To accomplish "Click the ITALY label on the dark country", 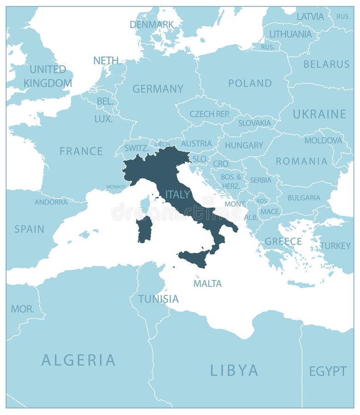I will (178, 195).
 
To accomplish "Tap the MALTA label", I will (207, 284).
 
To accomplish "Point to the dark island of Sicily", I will (194, 259).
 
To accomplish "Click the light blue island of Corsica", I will (145, 204).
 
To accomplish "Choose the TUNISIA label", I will (158, 299).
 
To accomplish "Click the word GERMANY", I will (158, 89).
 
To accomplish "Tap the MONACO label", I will (116, 187).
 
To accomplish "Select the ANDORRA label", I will (51, 202).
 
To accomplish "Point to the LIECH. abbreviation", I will (162, 144).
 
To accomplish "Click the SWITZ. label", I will (137, 148).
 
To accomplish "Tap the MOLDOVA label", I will (323, 140).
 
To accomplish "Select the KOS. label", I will (262, 201).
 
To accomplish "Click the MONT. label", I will (235, 203).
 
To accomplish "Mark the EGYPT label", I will (328, 371).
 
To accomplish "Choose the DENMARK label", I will (152, 24).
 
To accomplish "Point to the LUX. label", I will (103, 119).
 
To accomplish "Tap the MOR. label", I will (23, 309).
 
